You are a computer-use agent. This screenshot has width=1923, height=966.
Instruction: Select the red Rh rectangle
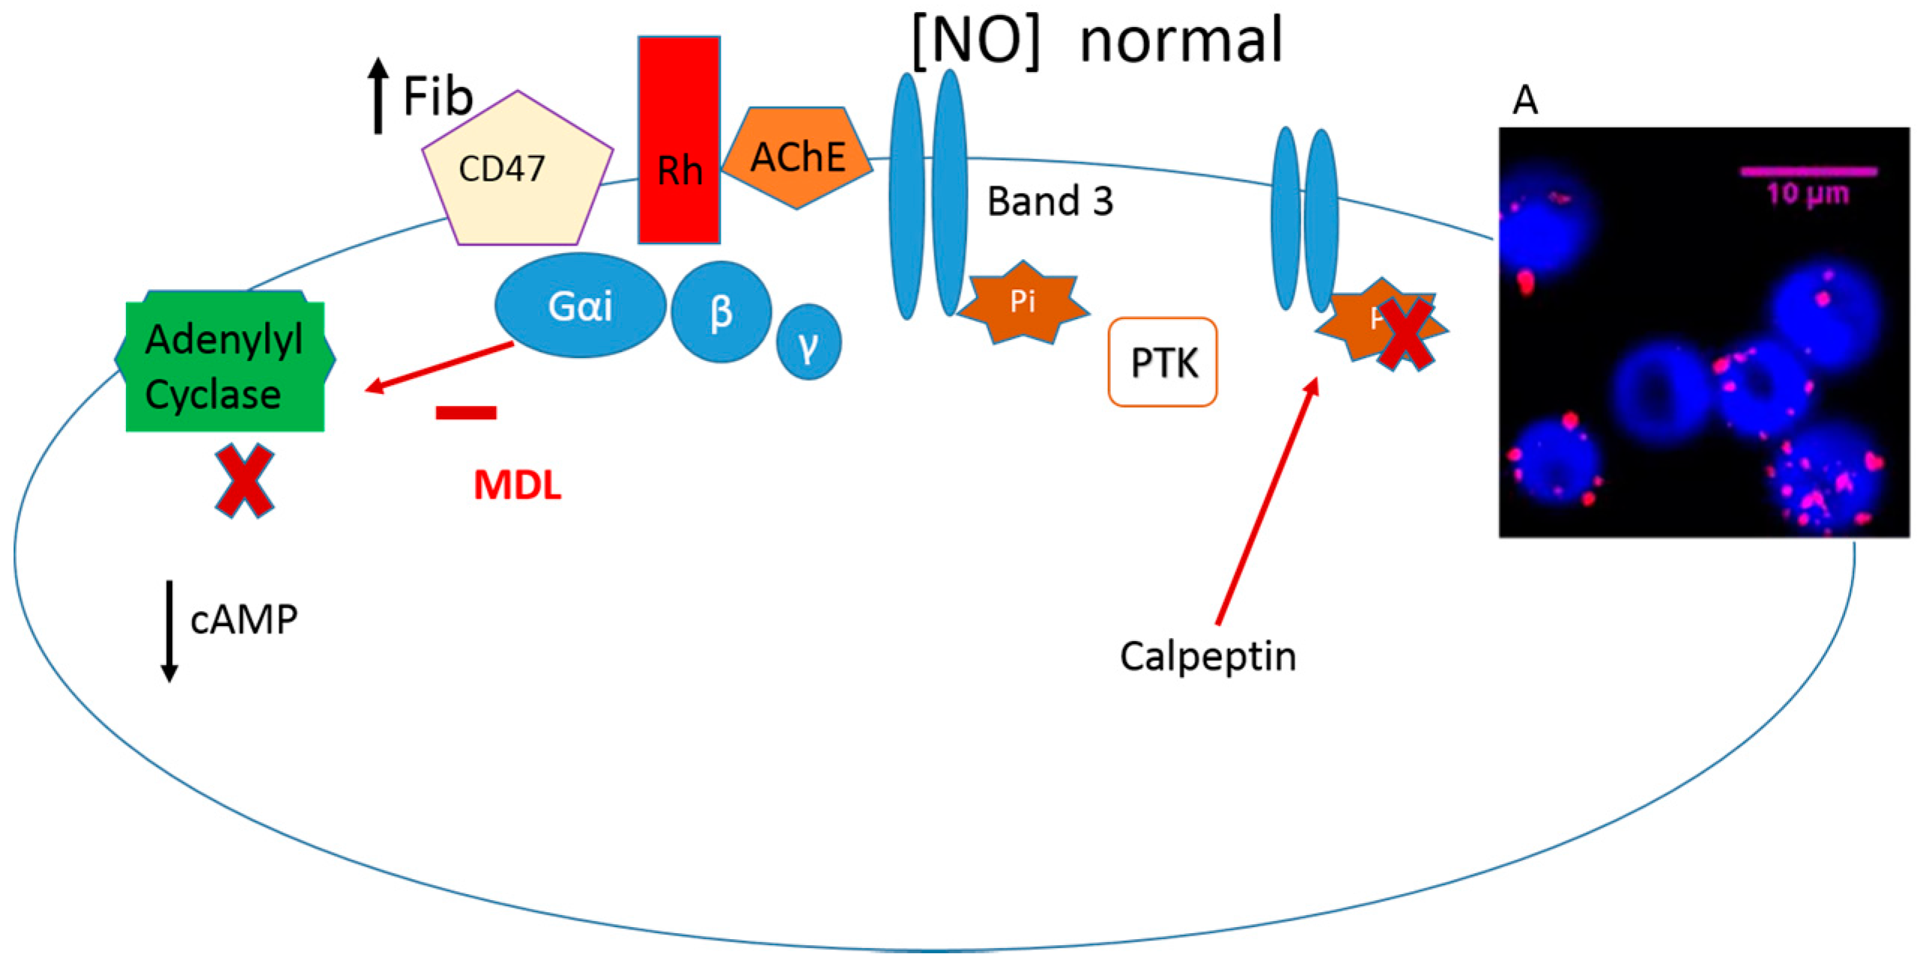point(679,141)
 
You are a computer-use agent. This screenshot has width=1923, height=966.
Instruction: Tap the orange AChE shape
point(797,157)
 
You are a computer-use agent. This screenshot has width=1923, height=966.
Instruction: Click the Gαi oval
point(580,306)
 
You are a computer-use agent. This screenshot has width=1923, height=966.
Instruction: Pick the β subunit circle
point(721,312)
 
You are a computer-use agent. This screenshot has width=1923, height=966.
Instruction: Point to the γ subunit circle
point(808,342)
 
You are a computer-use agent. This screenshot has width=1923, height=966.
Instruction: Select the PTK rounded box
point(1163,362)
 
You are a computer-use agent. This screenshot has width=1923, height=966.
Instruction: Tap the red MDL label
point(517,485)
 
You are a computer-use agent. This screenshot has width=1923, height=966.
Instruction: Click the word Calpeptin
point(1208,657)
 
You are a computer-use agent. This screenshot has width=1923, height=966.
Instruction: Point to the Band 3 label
point(1050,201)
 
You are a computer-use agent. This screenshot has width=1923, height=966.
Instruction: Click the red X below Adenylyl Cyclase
point(244,481)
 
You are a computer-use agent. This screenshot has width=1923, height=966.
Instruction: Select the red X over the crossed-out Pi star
point(1405,334)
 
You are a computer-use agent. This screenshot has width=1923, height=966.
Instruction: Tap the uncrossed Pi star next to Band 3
point(1023,303)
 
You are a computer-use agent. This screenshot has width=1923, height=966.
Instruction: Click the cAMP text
point(243,620)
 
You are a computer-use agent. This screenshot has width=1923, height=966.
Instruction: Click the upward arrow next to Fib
point(378,96)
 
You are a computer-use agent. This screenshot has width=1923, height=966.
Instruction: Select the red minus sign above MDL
point(466,412)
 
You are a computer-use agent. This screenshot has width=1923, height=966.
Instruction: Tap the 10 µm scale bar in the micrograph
point(1808,171)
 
